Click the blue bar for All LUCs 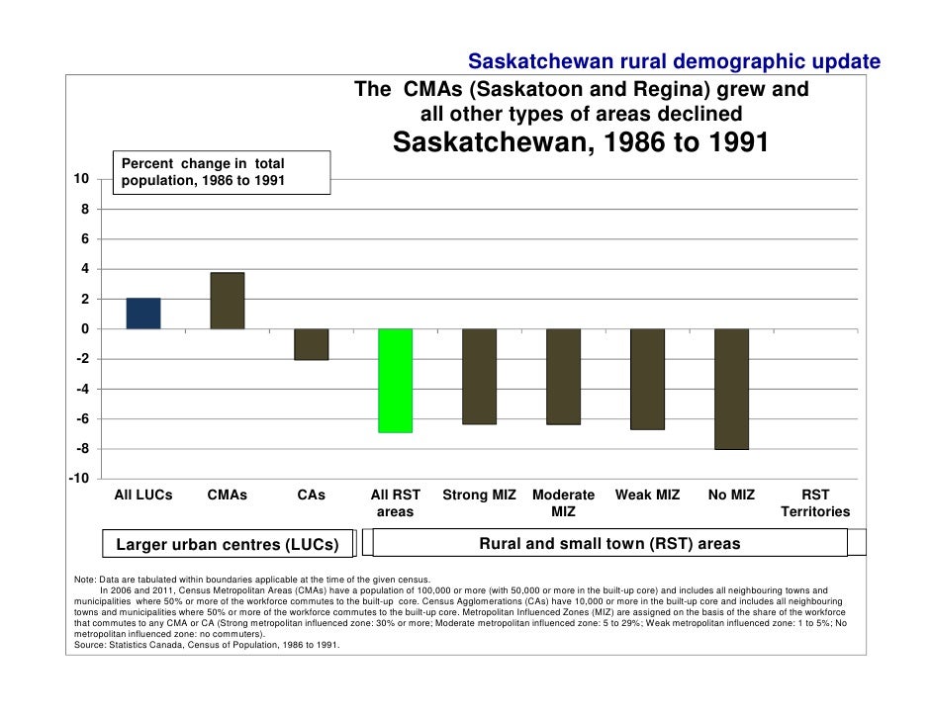click(x=143, y=314)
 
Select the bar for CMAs click(x=228, y=301)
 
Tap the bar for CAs click(x=312, y=344)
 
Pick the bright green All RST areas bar click(x=396, y=381)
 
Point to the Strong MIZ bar click(x=480, y=377)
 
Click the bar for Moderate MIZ click(x=564, y=377)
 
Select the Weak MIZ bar click(x=647, y=379)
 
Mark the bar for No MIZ click(x=731, y=389)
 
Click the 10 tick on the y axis click(x=81, y=179)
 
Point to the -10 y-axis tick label click(x=78, y=479)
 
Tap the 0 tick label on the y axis click(x=84, y=328)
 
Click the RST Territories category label click(x=815, y=503)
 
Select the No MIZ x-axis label click(x=731, y=495)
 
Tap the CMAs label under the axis click(x=228, y=495)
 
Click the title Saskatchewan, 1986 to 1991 click(x=581, y=144)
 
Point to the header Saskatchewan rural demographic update click(x=673, y=62)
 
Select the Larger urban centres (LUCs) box click(x=228, y=545)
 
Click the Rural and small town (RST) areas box click(x=609, y=543)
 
